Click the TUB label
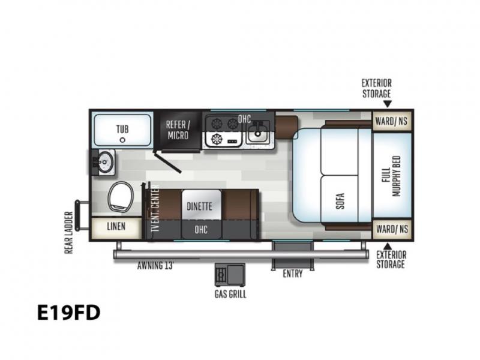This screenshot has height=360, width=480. [x=122, y=129]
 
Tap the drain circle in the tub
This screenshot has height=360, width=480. [x=122, y=140]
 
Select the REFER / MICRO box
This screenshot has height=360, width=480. [x=178, y=130]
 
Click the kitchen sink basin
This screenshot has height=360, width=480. [x=259, y=132]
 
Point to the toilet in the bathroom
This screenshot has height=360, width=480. [x=121, y=197]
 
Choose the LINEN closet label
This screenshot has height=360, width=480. [x=116, y=227]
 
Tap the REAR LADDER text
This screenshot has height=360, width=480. [x=68, y=233]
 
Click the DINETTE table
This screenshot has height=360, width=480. [x=201, y=205]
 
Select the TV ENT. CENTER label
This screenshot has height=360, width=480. [x=155, y=209]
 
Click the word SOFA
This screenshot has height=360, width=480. [x=340, y=201]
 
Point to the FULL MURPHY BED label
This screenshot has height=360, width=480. [x=391, y=176]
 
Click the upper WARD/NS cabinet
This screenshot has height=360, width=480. [x=392, y=121]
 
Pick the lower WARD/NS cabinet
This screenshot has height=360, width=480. [x=392, y=229]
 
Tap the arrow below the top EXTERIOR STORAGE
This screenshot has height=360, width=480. [x=388, y=104]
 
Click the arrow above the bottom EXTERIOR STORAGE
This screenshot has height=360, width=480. [x=388, y=246]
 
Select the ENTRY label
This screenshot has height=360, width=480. [x=293, y=274]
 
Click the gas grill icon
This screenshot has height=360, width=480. [x=230, y=274]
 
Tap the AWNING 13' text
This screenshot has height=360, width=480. [x=155, y=265]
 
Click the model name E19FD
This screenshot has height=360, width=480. [x=68, y=313]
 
